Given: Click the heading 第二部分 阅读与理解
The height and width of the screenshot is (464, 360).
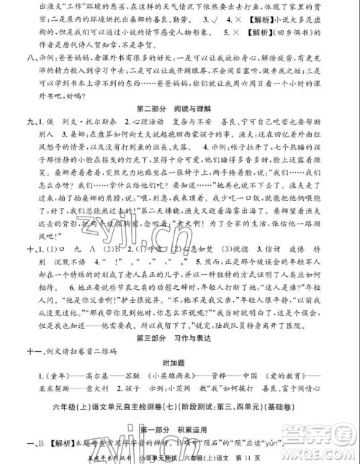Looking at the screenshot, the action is (x=179, y=108).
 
